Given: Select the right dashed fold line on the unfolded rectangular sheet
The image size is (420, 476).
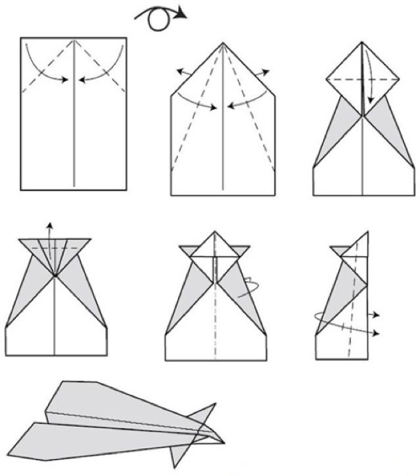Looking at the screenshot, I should [105, 68].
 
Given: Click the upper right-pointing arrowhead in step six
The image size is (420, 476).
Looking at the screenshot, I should [379, 315].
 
